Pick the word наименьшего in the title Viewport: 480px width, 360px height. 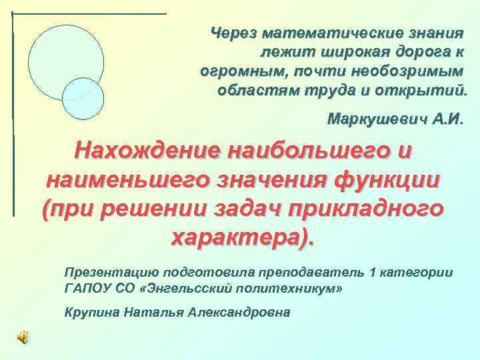(128, 179)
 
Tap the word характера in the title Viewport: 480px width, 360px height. (240, 236)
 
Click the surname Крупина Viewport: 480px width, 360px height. (91, 313)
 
